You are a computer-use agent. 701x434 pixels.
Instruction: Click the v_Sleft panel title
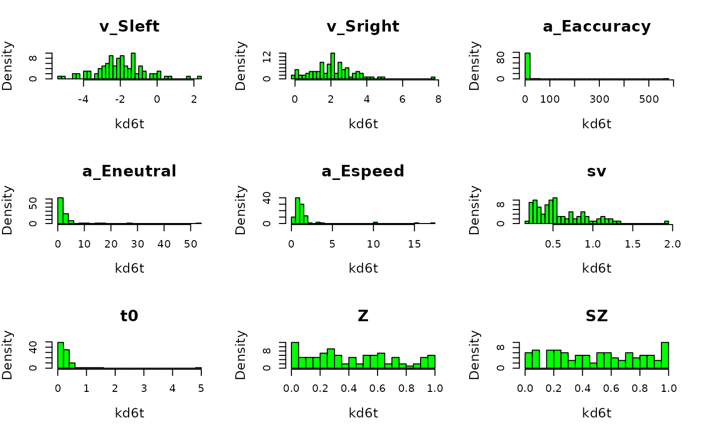click(x=129, y=27)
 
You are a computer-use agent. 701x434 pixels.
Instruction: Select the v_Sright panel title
click(x=363, y=27)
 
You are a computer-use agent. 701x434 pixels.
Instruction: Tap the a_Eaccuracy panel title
click(x=596, y=27)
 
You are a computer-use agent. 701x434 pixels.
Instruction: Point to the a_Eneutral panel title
click(x=129, y=171)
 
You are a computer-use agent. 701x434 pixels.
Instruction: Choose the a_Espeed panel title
click(x=363, y=171)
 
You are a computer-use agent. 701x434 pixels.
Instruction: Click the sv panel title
click(x=596, y=171)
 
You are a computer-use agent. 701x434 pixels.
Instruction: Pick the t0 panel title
click(x=129, y=316)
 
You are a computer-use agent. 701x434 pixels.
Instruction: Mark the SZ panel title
click(x=596, y=316)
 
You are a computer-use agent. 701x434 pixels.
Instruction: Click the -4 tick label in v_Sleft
click(x=83, y=99)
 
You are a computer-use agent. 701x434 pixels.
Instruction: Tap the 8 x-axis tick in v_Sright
click(x=438, y=99)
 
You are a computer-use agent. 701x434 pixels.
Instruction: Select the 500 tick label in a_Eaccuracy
click(x=649, y=99)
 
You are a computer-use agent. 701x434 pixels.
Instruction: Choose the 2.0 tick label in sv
click(x=672, y=244)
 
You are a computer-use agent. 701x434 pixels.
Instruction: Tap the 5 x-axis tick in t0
click(x=201, y=389)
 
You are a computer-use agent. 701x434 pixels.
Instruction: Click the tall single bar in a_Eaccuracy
click(x=527, y=66)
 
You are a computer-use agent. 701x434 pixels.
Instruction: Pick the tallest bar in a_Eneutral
click(x=61, y=210)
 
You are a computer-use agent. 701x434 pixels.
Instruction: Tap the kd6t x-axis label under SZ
click(x=596, y=413)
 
